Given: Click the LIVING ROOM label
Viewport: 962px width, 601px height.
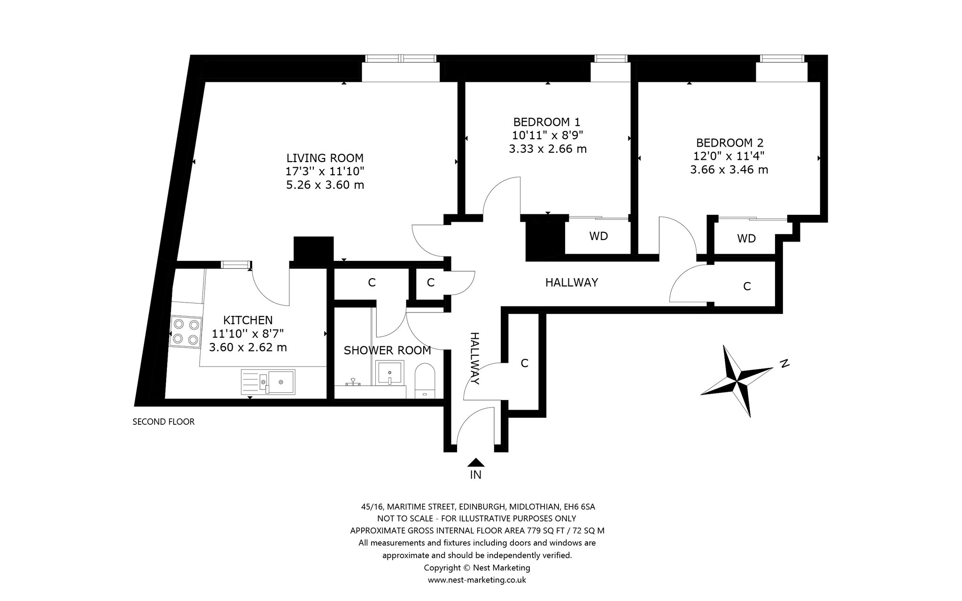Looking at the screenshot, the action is [x=325, y=158].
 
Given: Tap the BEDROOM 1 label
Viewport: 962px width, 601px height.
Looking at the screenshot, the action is [x=547, y=122].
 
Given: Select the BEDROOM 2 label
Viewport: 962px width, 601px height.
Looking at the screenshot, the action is [x=729, y=143].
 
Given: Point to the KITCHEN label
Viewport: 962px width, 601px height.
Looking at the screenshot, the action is [x=248, y=320].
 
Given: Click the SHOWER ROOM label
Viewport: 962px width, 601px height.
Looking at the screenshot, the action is [x=387, y=351].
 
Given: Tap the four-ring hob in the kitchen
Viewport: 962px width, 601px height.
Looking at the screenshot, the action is [x=186, y=332].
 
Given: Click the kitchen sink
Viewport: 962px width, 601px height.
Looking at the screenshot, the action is [x=268, y=381].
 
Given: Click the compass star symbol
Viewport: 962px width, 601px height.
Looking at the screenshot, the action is [x=737, y=381].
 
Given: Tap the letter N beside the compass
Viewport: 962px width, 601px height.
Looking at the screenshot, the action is [x=784, y=363].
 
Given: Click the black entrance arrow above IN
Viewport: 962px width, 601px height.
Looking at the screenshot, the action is [x=476, y=462].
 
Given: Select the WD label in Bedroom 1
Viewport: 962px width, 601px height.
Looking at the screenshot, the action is [x=598, y=236].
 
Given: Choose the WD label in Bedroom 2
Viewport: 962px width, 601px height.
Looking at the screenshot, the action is [x=746, y=239].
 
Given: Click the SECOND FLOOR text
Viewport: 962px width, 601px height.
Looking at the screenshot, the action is [x=163, y=421].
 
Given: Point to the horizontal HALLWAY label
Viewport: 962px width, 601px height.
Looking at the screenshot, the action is [x=572, y=282].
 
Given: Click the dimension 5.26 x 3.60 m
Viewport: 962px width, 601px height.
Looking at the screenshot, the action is [x=325, y=185].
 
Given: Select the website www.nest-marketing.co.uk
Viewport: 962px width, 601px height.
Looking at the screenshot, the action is [x=477, y=580].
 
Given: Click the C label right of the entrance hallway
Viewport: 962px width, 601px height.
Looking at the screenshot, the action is [x=525, y=363].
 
